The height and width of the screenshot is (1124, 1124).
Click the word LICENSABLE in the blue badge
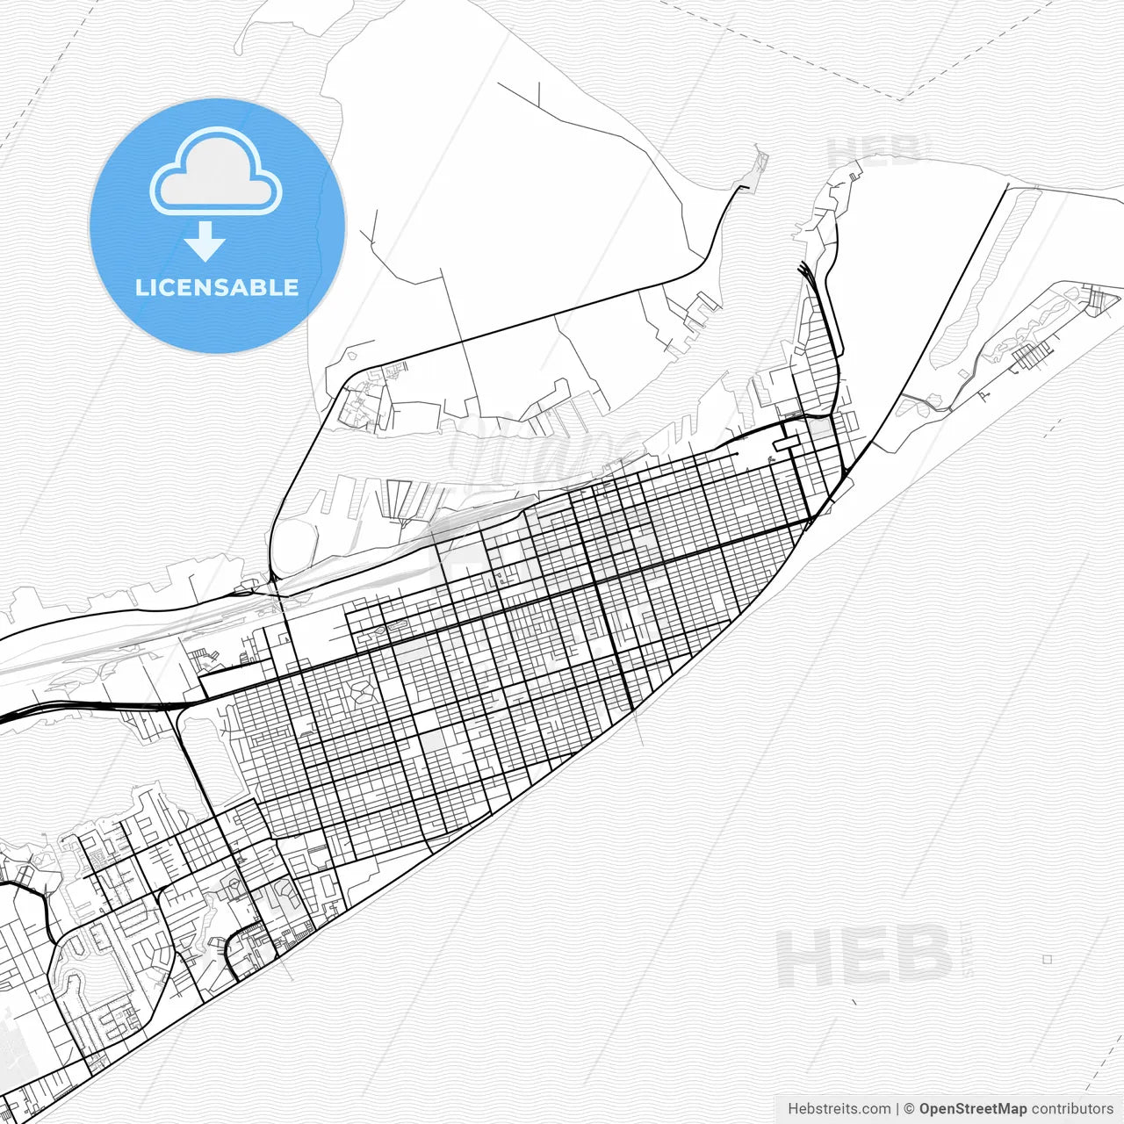coord(217,287)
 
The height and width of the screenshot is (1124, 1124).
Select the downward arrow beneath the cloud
coord(205,241)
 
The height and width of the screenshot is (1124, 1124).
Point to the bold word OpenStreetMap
coord(972,1109)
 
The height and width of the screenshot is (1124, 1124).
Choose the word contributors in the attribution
coord(1072,1109)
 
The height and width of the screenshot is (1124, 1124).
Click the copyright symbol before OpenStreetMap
coord(910,1109)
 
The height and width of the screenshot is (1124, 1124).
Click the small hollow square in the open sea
coord(1047,959)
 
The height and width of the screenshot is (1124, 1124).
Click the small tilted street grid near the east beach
coord(1033,355)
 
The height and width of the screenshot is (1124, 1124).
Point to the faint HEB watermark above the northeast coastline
coord(874,151)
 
